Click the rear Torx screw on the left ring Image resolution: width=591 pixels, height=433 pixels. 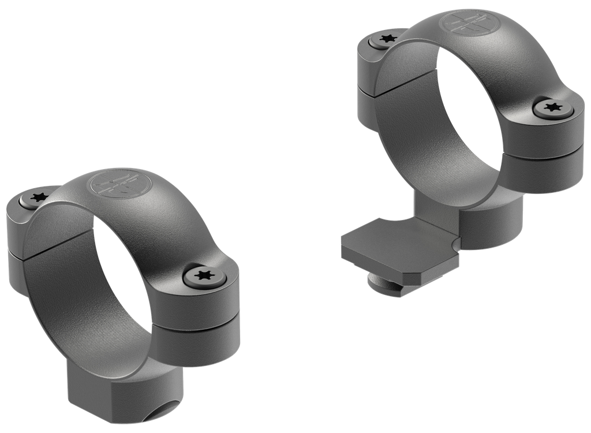[39, 197]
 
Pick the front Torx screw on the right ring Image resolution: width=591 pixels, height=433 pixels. [553, 107]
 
